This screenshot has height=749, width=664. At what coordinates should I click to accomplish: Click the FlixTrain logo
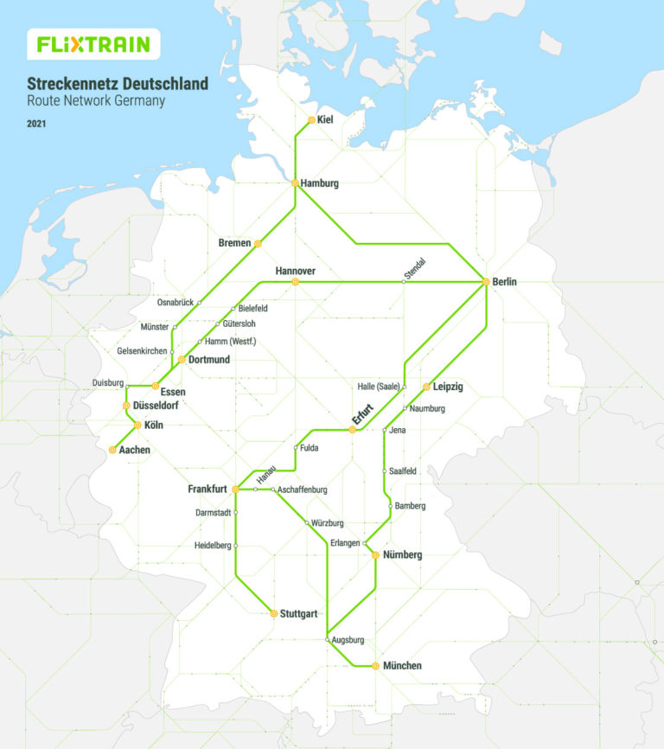(93, 44)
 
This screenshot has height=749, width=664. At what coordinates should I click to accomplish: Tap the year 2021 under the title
(38, 124)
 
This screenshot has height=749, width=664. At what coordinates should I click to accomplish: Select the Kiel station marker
(312, 120)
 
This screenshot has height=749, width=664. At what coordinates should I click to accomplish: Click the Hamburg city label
(320, 183)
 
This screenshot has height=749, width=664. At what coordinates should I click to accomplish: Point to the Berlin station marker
(486, 282)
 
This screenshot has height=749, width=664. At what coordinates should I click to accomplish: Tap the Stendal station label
(417, 269)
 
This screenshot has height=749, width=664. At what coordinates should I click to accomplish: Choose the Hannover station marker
(296, 282)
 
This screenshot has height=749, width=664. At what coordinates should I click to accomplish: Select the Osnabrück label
(176, 303)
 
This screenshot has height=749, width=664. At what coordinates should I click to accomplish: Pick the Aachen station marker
(113, 450)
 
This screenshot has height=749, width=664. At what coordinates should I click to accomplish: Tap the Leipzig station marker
(426, 387)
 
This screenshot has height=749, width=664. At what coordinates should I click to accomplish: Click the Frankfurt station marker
(236, 490)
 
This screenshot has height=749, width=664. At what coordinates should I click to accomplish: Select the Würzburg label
(329, 523)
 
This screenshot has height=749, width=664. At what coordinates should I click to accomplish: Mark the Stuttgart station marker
(274, 613)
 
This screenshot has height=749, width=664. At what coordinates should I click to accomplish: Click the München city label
(402, 666)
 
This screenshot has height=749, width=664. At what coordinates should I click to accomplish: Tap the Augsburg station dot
(328, 640)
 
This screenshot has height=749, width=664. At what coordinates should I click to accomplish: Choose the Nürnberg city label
(402, 555)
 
